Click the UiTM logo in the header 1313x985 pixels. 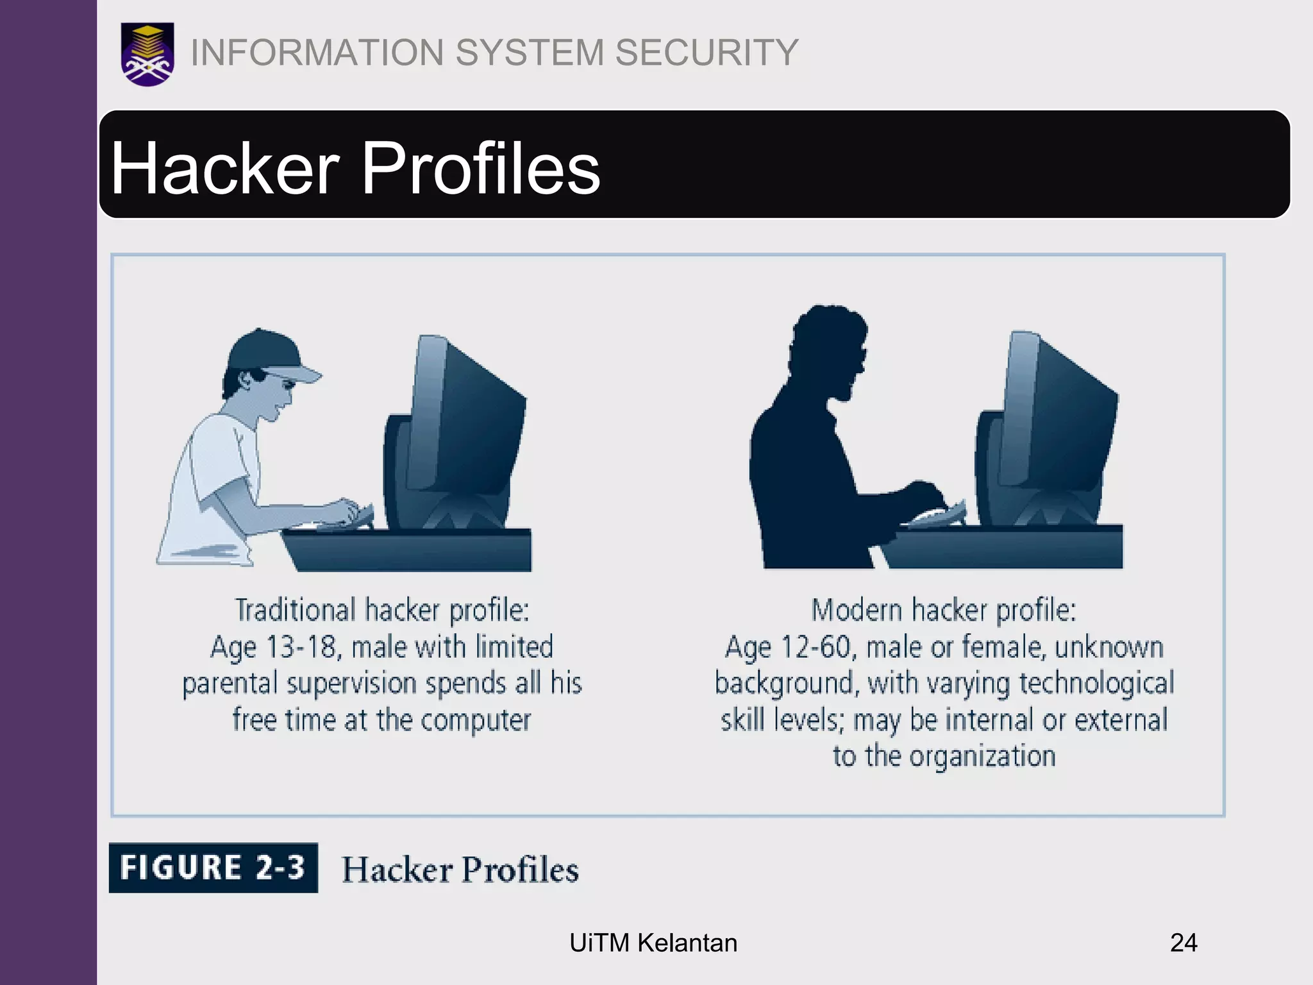tap(147, 55)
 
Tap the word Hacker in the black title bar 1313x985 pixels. tap(225, 168)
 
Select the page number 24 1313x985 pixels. tap(1183, 943)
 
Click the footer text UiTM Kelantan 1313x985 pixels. tap(653, 943)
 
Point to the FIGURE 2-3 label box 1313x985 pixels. tap(213, 868)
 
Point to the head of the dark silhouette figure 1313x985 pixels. tap(830, 349)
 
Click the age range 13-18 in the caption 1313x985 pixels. tap(300, 646)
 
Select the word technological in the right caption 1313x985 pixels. tap(1096, 683)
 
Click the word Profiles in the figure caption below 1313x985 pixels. tap(520, 870)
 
